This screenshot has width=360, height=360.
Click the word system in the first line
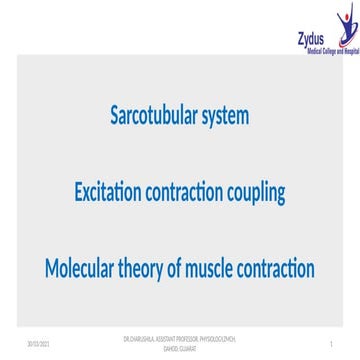(228, 116)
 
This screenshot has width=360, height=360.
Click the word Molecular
(84, 268)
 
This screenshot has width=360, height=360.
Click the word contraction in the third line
(282, 268)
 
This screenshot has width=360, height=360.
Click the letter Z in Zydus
(300, 37)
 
